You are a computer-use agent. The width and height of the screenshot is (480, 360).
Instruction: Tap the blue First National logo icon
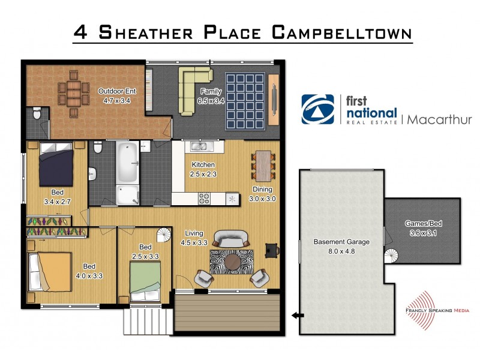[x=317, y=109]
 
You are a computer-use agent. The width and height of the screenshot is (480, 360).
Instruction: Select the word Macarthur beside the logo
[x=439, y=119]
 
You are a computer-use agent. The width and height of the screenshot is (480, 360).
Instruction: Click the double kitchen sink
[x=199, y=146]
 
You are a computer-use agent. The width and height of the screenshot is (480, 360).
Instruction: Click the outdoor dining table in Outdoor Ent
[x=72, y=94]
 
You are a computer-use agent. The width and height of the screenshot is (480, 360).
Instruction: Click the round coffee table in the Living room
[x=232, y=262]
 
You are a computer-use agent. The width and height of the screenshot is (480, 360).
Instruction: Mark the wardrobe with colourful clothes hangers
[x=57, y=231]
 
